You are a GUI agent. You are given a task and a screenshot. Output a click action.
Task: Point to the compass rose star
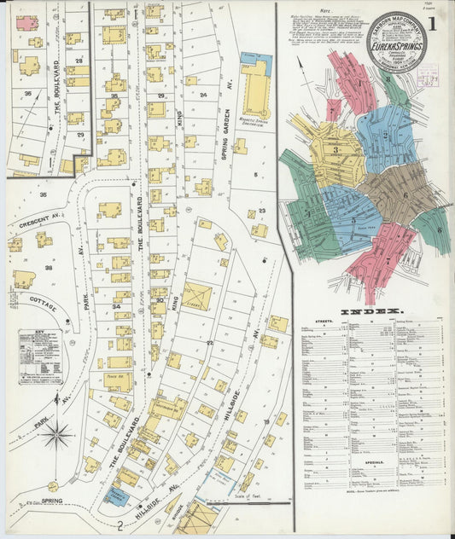(x=57, y=435)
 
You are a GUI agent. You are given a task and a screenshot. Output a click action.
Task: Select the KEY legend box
(x=39, y=351)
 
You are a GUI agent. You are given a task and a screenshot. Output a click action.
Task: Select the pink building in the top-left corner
(x=26, y=23)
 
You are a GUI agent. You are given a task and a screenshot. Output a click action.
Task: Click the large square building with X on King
(x=197, y=295)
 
